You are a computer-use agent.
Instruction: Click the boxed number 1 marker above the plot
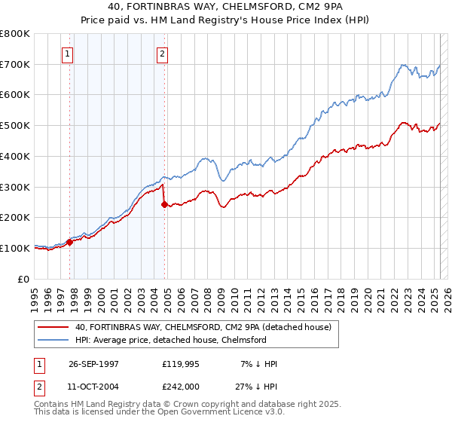68,54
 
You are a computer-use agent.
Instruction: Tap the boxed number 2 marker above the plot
163,54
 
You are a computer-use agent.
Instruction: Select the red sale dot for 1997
69,242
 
